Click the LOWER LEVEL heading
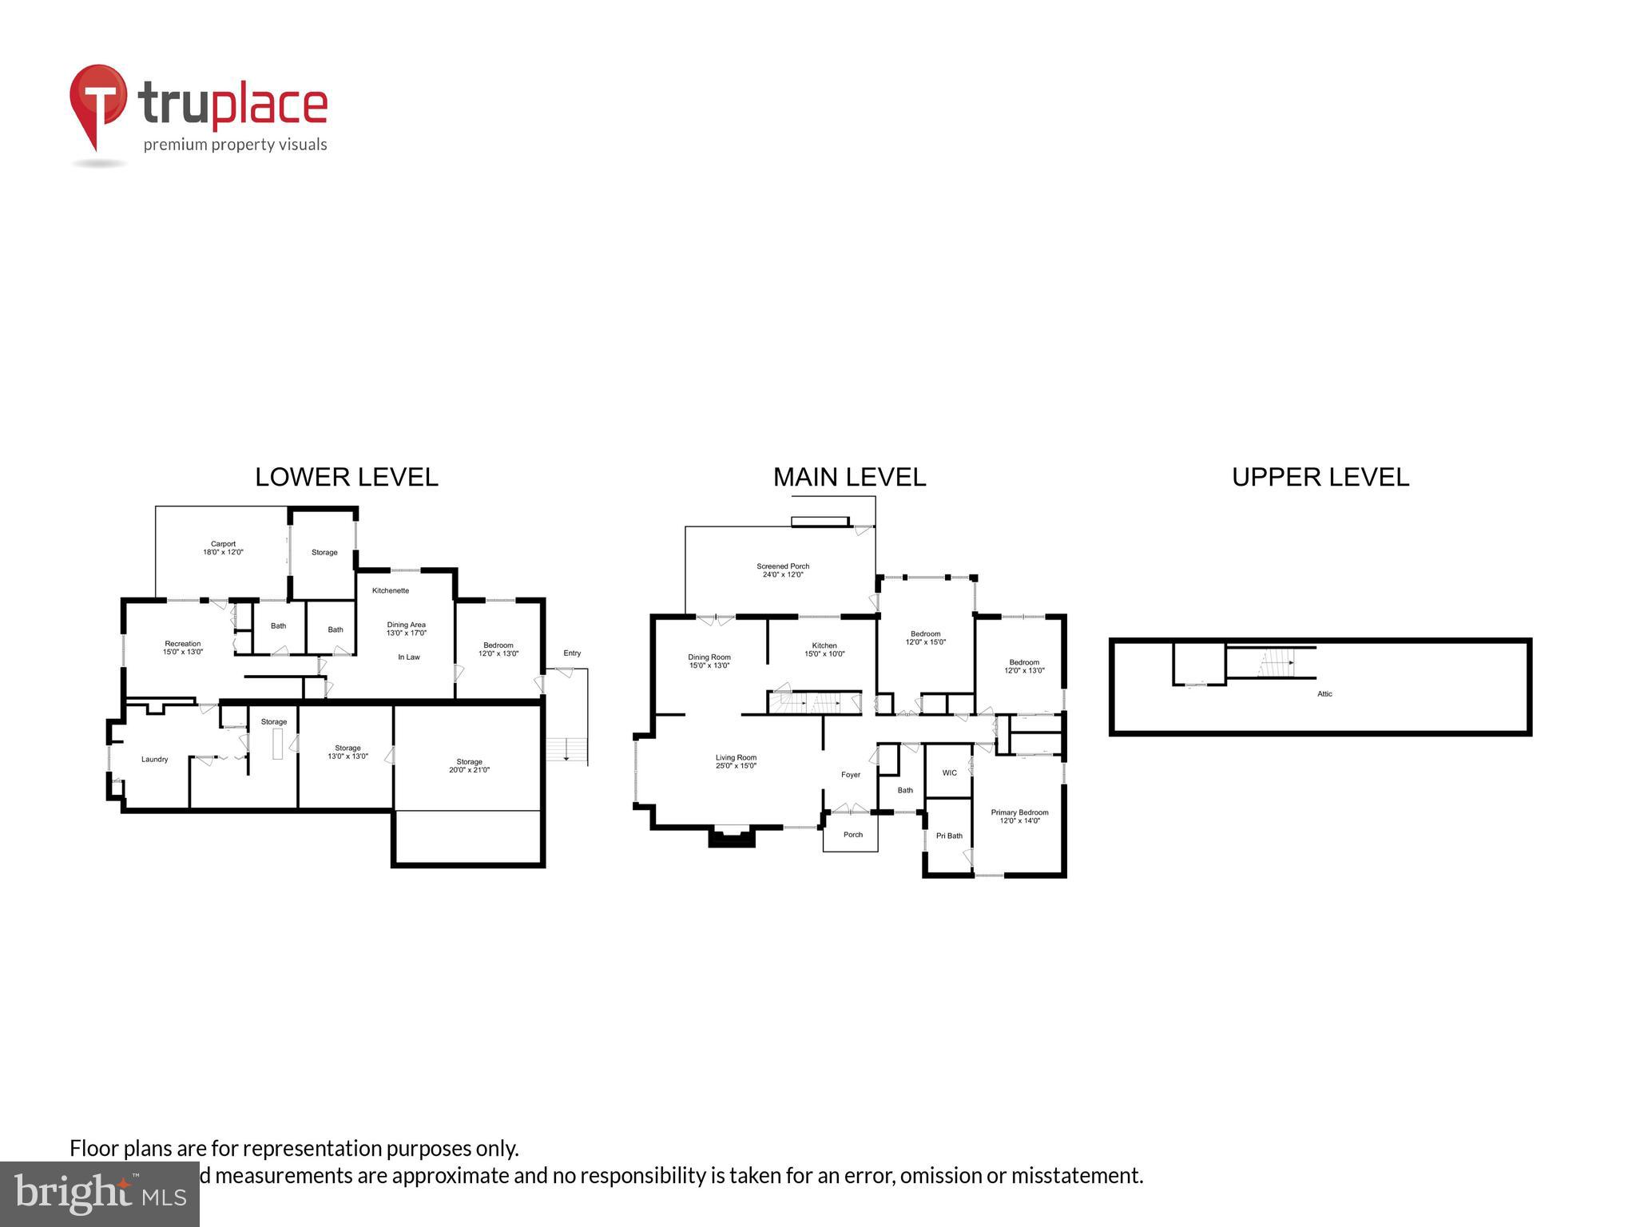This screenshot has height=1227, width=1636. tap(346, 477)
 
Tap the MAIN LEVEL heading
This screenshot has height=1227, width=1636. tap(849, 477)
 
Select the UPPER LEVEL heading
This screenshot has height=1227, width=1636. tap(1320, 477)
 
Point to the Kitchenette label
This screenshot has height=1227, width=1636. tap(390, 590)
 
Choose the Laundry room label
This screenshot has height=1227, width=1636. tap(154, 759)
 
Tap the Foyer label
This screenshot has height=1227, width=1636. tap(850, 775)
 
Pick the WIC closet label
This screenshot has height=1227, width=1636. tap(949, 772)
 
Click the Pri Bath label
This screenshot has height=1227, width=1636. tap(949, 836)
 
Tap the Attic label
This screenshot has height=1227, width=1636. tap(1324, 693)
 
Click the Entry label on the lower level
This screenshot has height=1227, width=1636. tap(572, 653)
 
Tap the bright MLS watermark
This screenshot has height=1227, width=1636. tap(100, 1194)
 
